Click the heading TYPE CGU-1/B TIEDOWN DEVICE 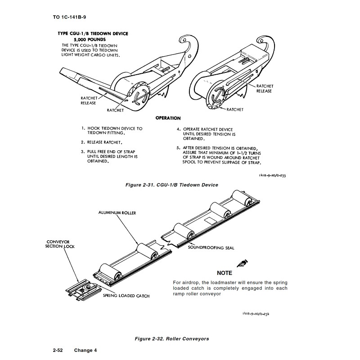coord(93,34)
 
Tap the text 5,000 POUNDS coord(93,40)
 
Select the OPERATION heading coord(168,118)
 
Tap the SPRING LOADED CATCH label coord(126,296)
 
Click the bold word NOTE coord(224,273)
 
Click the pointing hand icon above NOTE coord(242,263)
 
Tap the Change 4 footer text coord(85,350)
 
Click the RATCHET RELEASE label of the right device coord(265,88)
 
